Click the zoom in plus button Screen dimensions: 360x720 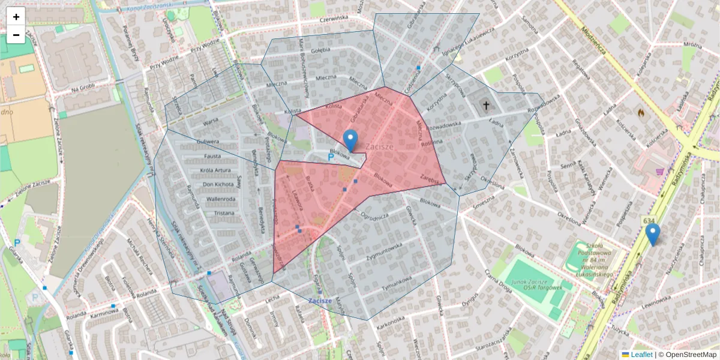point(16,17)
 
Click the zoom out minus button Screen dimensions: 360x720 point(16,35)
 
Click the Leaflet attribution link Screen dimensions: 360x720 point(641,355)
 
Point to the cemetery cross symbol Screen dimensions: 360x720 point(486,106)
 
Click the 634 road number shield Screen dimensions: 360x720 point(649,221)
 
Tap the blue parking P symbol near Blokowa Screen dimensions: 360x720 point(331,157)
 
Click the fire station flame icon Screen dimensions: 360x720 point(641,112)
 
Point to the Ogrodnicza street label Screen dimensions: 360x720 point(374,215)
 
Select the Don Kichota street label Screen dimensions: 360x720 point(218,184)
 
